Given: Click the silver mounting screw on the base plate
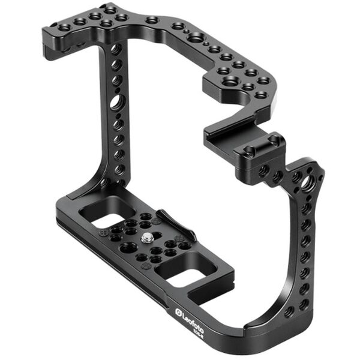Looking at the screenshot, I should [x=147, y=239].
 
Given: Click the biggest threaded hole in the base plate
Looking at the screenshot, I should [x=127, y=247].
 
